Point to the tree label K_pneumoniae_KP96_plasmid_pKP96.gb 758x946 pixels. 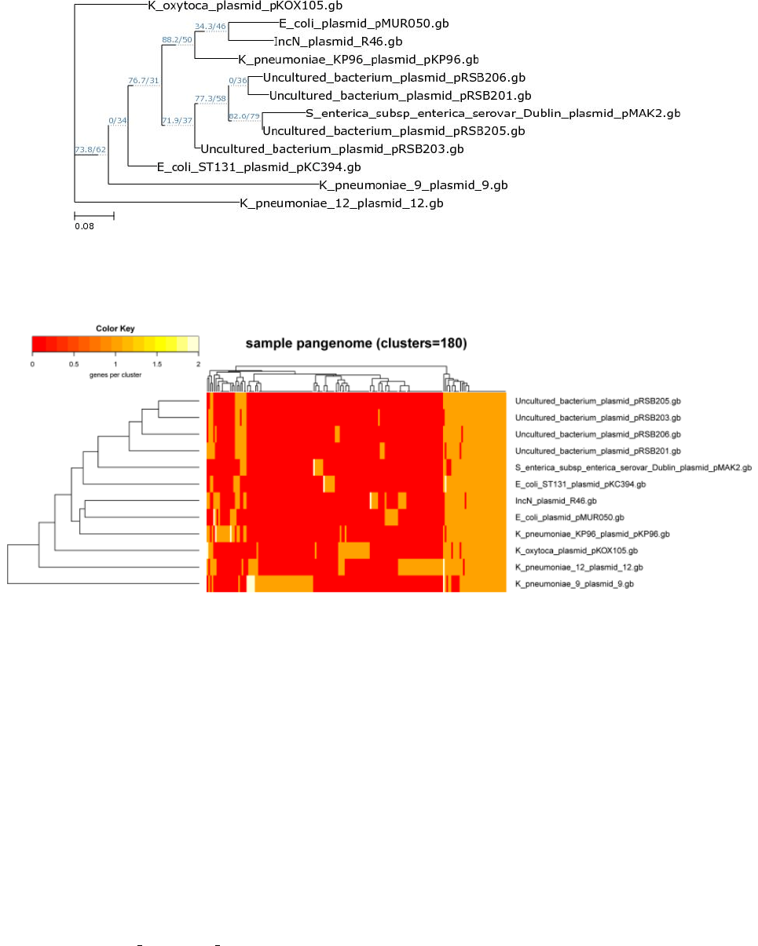tap(358, 60)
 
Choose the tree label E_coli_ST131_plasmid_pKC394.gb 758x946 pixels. tap(258, 167)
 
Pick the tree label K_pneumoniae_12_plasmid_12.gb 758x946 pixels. tap(342, 204)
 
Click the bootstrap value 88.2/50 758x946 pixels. tap(178, 39)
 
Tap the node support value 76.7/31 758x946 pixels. tap(144, 80)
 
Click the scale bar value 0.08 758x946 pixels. tap(84, 226)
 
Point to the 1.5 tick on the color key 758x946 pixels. tap(156, 365)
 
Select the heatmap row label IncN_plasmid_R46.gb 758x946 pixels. tap(556, 501)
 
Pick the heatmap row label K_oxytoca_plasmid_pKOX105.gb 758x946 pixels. tap(576, 551)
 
